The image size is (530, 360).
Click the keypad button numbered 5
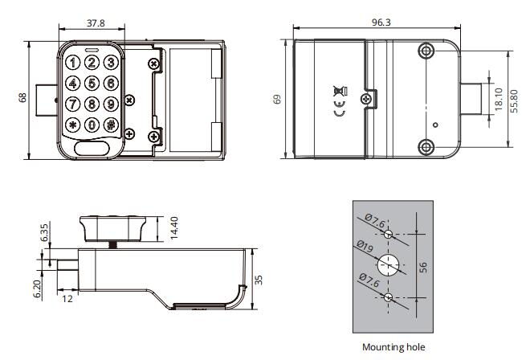[92, 83]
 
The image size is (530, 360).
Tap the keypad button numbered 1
[73, 62]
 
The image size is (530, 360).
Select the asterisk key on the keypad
[73, 125]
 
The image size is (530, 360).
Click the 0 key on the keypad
[92, 125]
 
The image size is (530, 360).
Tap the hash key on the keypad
[110, 125]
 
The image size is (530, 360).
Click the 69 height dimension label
[278, 99]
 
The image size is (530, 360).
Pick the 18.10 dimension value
[498, 100]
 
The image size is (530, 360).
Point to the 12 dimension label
[67, 298]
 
